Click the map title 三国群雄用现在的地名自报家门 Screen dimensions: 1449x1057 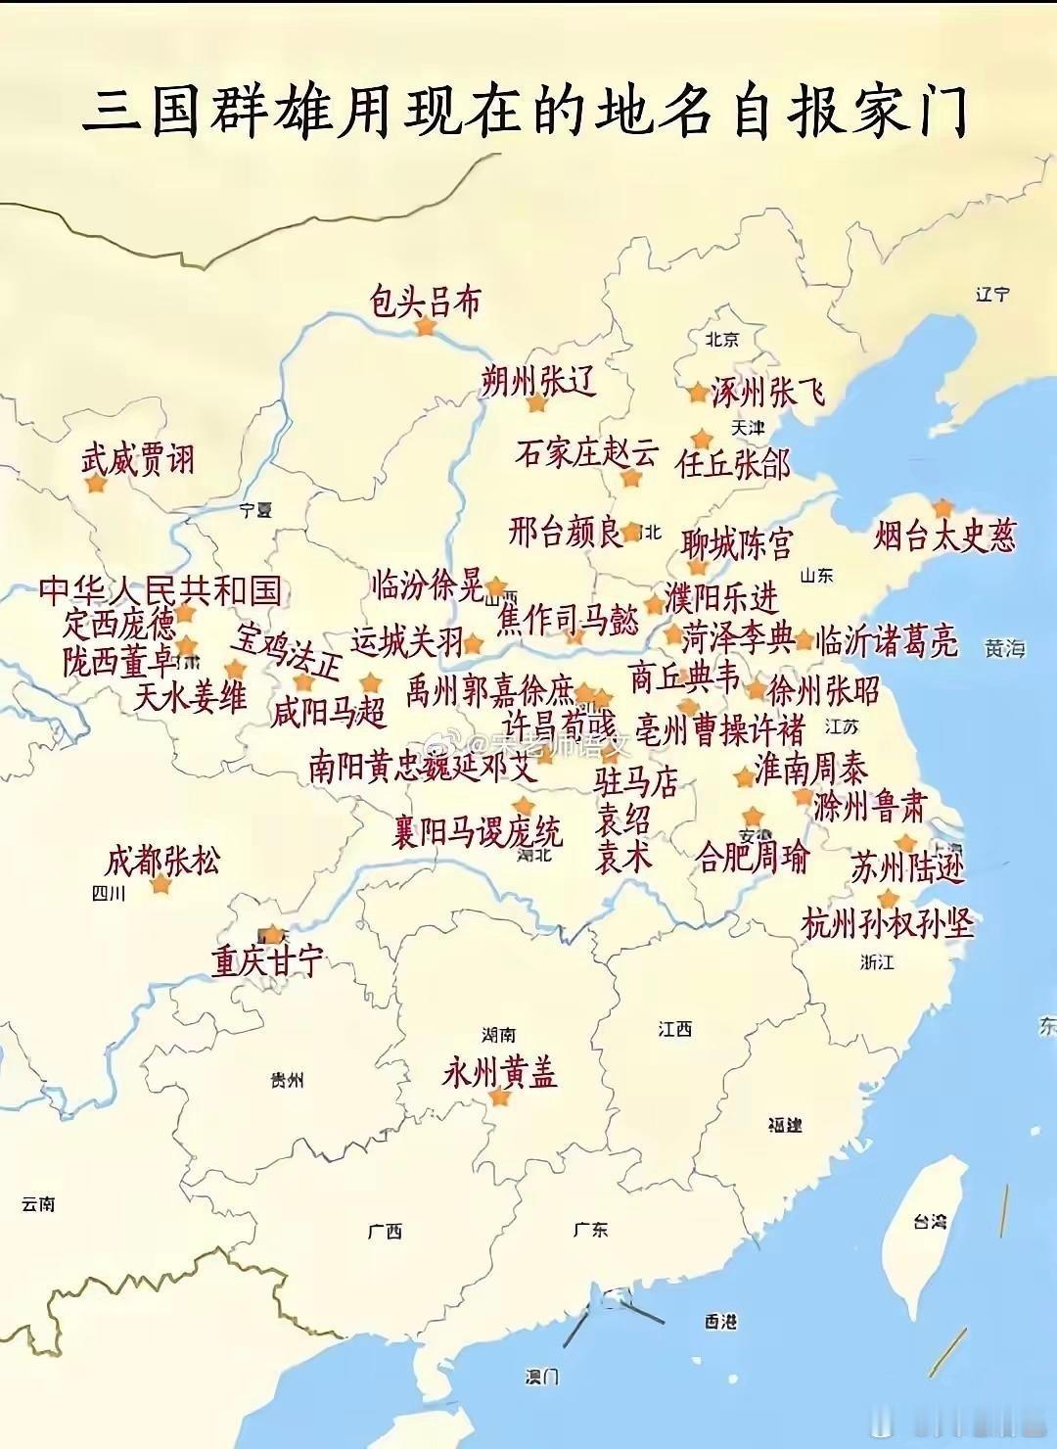526,111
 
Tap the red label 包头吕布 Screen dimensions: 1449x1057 426,301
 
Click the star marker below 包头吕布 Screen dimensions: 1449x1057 425,327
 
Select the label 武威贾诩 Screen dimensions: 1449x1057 138,458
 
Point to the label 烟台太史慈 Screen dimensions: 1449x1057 945,536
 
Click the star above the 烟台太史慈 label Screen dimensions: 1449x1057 942,507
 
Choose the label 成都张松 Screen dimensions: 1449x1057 162,861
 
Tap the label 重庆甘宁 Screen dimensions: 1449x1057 267,960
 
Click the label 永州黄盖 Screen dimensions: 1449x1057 499,1072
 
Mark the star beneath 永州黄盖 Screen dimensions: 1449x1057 500,1098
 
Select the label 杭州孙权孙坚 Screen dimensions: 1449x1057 888,923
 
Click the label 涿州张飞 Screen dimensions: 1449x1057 767,392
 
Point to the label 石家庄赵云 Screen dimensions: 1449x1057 587,452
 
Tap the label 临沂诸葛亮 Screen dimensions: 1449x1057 887,640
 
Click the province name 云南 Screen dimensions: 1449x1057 38,1204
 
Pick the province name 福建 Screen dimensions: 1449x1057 785,1125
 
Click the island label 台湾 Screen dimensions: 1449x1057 930,1221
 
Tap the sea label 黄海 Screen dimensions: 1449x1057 1005,647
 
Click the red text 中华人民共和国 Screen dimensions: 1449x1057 161,590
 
